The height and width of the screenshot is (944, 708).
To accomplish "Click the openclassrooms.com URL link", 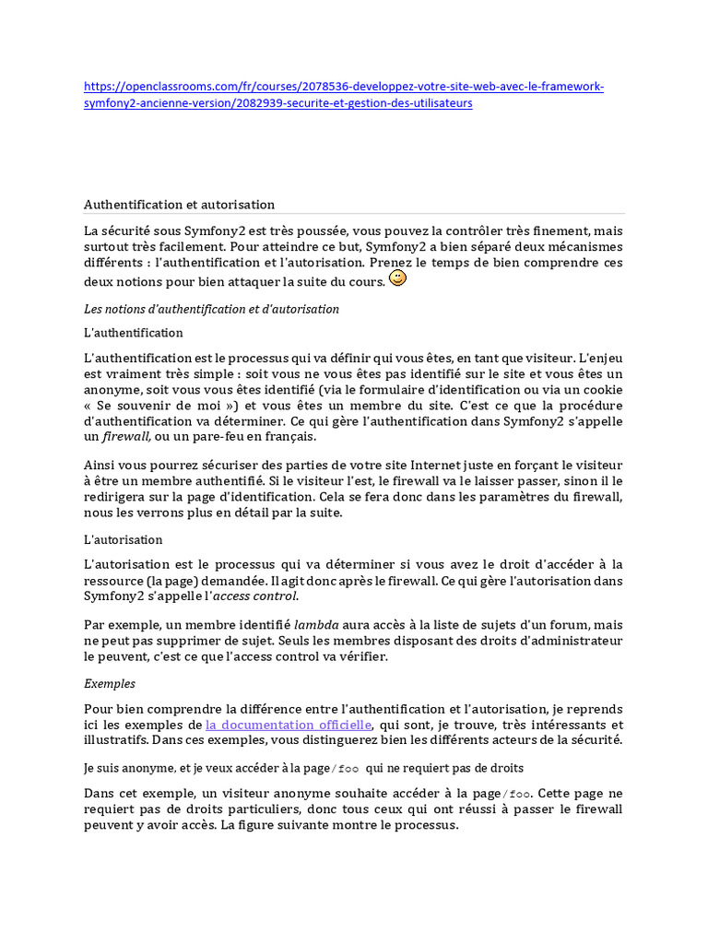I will (x=344, y=87).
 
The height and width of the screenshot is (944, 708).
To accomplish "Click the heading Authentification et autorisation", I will (x=179, y=205).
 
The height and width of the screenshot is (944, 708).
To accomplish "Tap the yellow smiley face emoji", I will (x=397, y=277).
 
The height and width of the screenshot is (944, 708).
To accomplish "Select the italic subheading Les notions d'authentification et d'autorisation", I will (x=211, y=309).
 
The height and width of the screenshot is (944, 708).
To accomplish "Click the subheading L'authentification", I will (x=134, y=333).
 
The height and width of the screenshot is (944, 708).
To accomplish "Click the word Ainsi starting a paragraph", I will (x=100, y=466).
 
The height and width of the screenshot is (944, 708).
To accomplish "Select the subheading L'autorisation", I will (x=124, y=539).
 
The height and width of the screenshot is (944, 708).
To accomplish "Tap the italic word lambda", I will (x=313, y=625).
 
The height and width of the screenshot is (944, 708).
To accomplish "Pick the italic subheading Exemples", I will (x=110, y=684).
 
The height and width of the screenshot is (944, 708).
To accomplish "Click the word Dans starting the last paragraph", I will (x=100, y=793).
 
